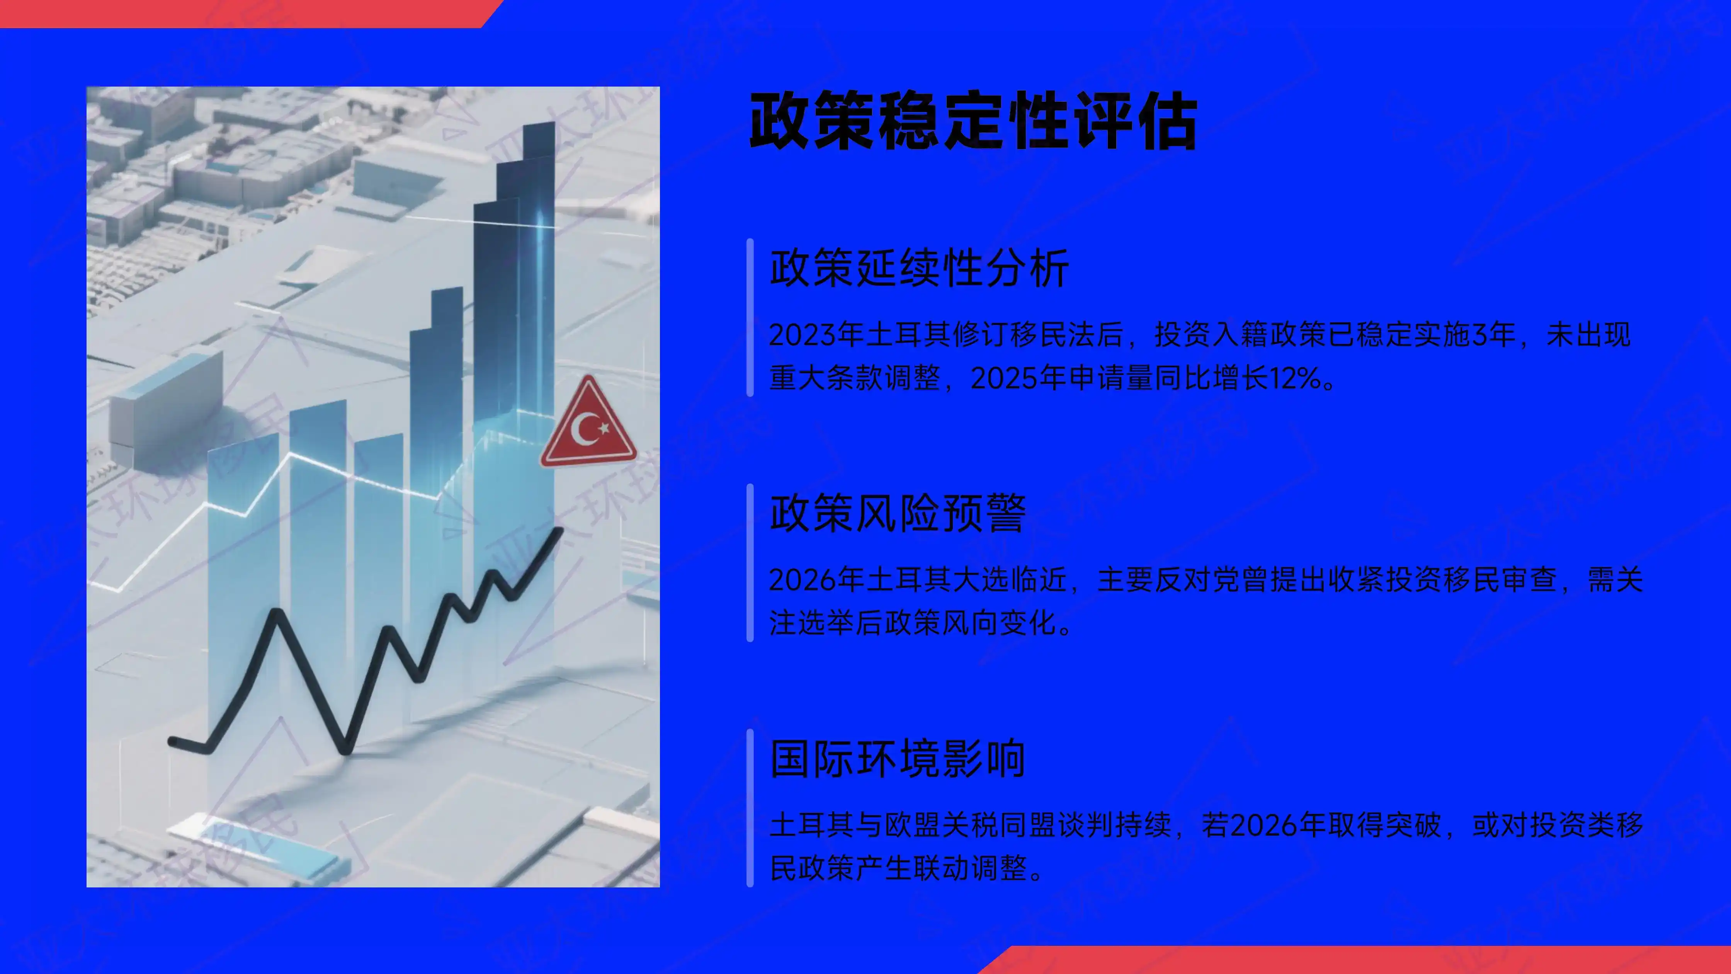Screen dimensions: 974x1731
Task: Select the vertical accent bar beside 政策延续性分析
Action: (x=750, y=317)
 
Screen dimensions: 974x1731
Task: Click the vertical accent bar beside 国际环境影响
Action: (x=750, y=807)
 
